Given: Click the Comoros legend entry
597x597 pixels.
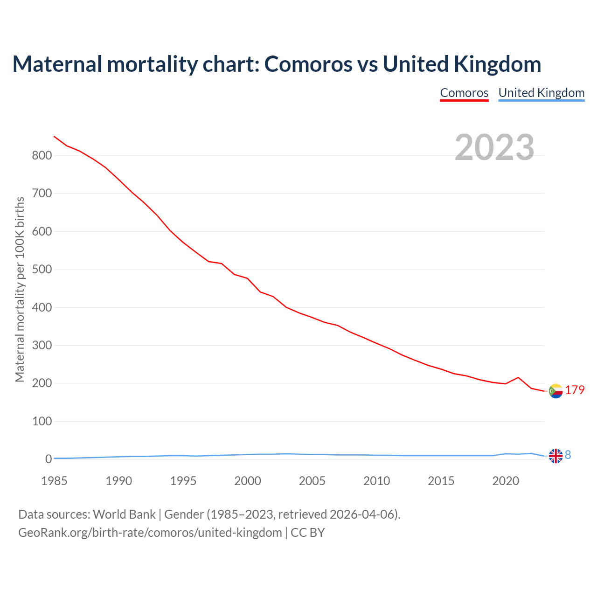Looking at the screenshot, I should [464, 93].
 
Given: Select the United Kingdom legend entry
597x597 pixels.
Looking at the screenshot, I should [541, 93].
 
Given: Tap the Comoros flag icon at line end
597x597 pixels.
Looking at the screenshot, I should [555, 391].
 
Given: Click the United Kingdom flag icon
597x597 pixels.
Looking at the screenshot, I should [555, 456].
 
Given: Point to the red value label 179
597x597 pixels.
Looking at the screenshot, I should [575, 390].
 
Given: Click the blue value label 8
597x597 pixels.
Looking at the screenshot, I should [568, 455].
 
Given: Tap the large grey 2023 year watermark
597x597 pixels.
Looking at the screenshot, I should [494, 147].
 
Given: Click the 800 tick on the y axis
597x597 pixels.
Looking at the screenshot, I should [42, 156].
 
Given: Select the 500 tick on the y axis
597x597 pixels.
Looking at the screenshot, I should [42, 270].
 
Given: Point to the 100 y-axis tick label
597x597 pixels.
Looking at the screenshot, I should [42, 422].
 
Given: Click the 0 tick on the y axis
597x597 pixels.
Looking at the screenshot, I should [49, 459].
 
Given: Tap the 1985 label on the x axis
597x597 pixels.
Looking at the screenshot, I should [54, 481].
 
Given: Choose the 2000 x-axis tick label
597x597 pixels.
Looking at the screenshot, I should [248, 481].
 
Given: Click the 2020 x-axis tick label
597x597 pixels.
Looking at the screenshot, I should [506, 481].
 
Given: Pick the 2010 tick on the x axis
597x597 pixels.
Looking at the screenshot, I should [376, 481].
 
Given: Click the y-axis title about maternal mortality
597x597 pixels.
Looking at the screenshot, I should [20, 289].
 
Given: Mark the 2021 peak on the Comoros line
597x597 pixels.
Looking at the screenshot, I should [518, 377].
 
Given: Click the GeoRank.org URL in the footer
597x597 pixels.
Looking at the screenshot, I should [150, 533].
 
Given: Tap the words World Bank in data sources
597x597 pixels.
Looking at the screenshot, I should [124, 514].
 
